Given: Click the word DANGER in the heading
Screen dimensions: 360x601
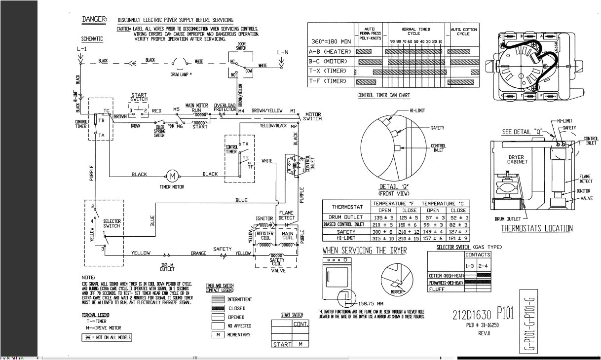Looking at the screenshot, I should (x=94, y=19).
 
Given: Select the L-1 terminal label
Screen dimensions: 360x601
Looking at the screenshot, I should (x=81, y=50).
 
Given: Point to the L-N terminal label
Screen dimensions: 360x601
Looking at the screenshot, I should (x=283, y=51).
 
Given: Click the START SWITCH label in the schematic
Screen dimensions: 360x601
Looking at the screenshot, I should (x=139, y=97).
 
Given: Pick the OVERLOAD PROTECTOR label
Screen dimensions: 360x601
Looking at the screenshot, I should (x=225, y=108).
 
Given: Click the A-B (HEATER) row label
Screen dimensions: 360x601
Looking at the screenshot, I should (x=330, y=51).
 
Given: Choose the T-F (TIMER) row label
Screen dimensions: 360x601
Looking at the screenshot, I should (x=329, y=81).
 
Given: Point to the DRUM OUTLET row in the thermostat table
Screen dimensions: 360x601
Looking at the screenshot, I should (x=345, y=217).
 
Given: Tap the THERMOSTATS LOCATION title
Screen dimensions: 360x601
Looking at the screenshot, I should (x=537, y=228).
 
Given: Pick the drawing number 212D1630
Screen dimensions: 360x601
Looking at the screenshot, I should (x=472, y=314).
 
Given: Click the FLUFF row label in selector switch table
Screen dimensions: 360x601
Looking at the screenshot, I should (x=438, y=289).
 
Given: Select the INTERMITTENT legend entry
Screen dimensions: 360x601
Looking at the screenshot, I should (x=239, y=299).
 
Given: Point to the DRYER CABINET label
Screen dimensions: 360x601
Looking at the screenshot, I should (x=517, y=160).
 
